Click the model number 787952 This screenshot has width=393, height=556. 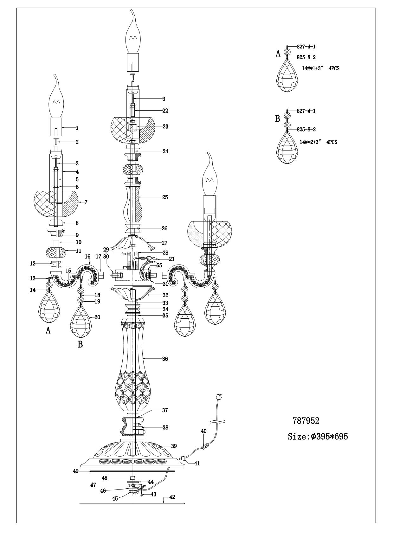(x=306, y=421)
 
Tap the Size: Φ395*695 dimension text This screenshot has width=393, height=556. (x=318, y=437)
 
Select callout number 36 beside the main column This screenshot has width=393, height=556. (x=165, y=359)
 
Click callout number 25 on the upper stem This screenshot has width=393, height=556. (x=165, y=197)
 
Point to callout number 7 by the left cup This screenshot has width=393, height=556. (x=86, y=202)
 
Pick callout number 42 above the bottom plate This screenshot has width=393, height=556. (x=172, y=497)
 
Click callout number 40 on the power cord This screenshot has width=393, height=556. (x=203, y=431)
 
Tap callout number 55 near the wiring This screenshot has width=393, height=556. (x=159, y=265)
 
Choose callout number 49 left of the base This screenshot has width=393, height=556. (x=75, y=471)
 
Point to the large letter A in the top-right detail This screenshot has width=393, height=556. (x=278, y=54)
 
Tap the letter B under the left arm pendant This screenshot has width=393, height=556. (x=80, y=344)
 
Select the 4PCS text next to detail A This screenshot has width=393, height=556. (x=334, y=68)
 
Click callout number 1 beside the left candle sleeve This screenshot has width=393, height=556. (x=77, y=128)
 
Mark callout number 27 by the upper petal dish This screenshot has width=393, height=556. (x=165, y=243)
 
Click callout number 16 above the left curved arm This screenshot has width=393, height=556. (x=88, y=256)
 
